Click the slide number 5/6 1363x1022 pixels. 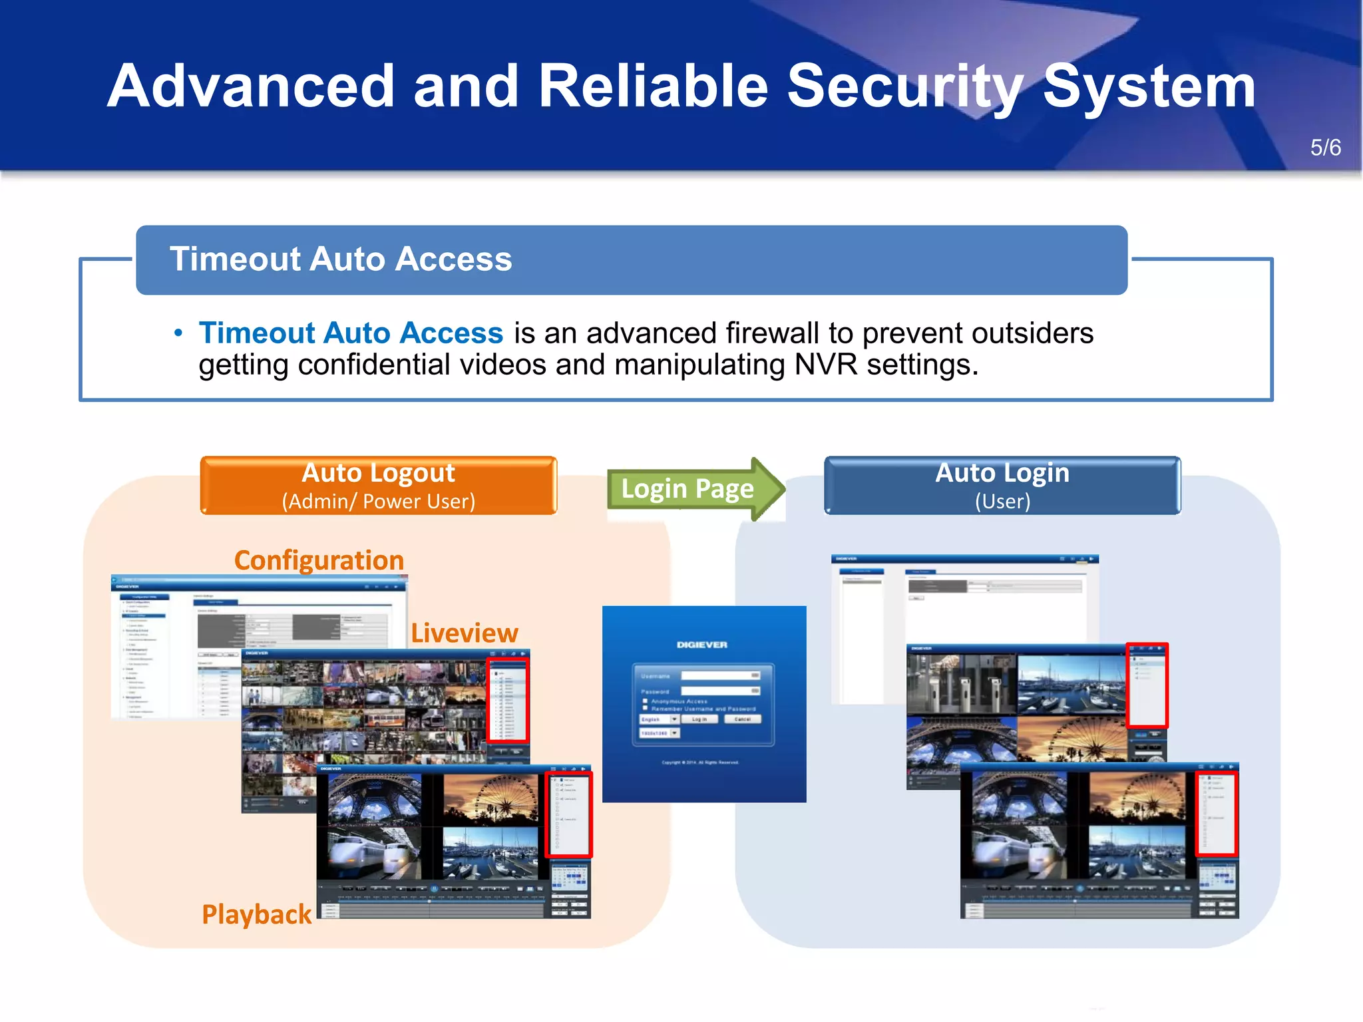tap(1325, 148)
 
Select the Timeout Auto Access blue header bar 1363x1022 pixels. tap(631, 259)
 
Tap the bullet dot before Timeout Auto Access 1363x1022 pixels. tap(178, 333)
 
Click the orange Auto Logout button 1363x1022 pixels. tap(378, 485)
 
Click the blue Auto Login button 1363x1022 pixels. tap(1002, 485)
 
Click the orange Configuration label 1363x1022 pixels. tap(319, 560)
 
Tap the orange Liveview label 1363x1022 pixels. tap(464, 633)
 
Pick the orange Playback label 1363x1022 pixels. tap(256, 914)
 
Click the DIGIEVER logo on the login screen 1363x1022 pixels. tap(701, 645)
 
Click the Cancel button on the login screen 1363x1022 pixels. tap(742, 719)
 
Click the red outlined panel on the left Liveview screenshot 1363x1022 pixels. tap(508, 701)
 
